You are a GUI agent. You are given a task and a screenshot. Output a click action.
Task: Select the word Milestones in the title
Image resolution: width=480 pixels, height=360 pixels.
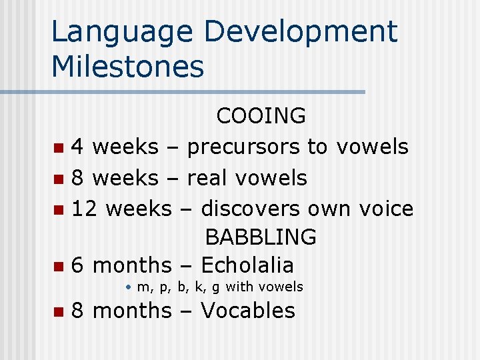coord(127,67)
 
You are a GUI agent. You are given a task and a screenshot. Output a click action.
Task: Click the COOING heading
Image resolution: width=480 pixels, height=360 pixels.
coord(261,116)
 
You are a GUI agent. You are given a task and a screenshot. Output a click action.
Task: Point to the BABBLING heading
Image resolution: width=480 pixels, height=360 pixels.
coord(261,237)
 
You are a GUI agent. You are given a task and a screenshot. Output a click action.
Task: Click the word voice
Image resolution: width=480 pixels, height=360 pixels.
coord(386,209)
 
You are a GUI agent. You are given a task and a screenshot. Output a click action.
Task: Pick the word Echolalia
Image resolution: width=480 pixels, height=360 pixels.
coord(247,265)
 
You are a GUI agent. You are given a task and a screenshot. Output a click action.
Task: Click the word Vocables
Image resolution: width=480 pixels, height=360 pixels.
coord(247,311)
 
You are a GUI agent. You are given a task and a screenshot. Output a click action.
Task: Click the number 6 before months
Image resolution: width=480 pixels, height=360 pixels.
coord(77,265)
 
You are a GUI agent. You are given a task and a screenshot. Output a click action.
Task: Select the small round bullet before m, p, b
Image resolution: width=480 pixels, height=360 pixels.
coord(128,287)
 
